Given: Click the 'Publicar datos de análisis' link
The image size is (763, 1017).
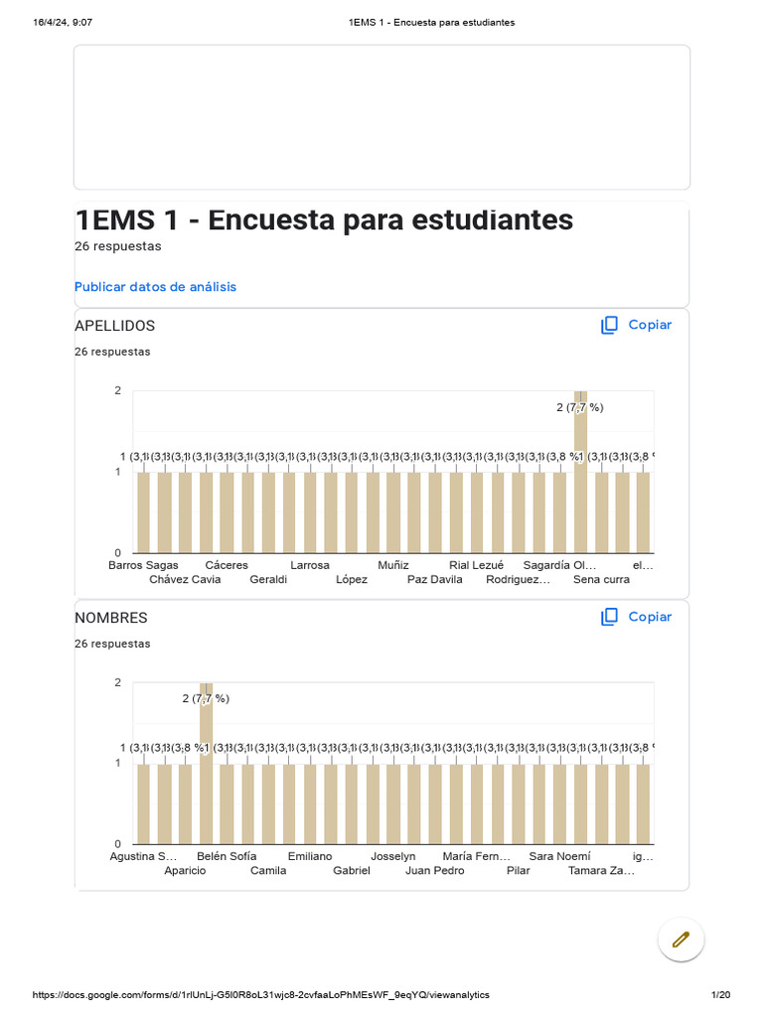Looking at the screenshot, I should pyautogui.click(x=155, y=287).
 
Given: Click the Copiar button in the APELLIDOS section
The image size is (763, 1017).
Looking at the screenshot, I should pyautogui.click(x=637, y=325).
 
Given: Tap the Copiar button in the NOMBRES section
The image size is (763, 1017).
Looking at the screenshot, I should pyautogui.click(x=637, y=617).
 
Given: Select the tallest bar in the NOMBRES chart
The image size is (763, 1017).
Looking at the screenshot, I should pyautogui.click(x=206, y=765).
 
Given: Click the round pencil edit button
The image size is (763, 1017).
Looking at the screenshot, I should pyautogui.click(x=681, y=939).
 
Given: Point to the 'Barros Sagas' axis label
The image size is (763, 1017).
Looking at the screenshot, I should pyautogui.click(x=144, y=565).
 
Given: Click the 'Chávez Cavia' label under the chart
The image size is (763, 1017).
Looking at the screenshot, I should pyautogui.click(x=185, y=580).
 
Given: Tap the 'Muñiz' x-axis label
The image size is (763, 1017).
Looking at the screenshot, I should pyautogui.click(x=393, y=565).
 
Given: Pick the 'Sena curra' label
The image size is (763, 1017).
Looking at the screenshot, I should pyautogui.click(x=601, y=580).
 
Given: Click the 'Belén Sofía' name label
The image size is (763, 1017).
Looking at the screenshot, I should pyautogui.click(x=227, y=856).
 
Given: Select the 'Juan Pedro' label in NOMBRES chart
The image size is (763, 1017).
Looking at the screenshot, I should pyautogui.click(x=434, y=871).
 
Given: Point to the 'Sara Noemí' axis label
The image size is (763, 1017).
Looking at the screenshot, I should pyautogui.click(x=559, y=856).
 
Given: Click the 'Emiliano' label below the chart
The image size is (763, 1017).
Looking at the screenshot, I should pyautogui.click(x=310, y=856).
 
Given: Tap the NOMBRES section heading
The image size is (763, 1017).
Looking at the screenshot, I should pyautogui.click(x=111, y=618).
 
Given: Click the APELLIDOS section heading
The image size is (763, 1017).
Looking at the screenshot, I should pyautogui.click(x=115, y=326).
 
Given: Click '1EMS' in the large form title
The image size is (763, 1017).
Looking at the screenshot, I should pyautogui.click(x=114, y=219).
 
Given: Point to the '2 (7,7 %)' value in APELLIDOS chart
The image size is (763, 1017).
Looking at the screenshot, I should pyautogui.click(x=579, y=407).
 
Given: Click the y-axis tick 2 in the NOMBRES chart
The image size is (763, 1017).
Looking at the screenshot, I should pyautogui.click(x=118, y=682).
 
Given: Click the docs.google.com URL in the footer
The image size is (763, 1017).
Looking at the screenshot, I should pyautogui.click(x=260, y=995).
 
